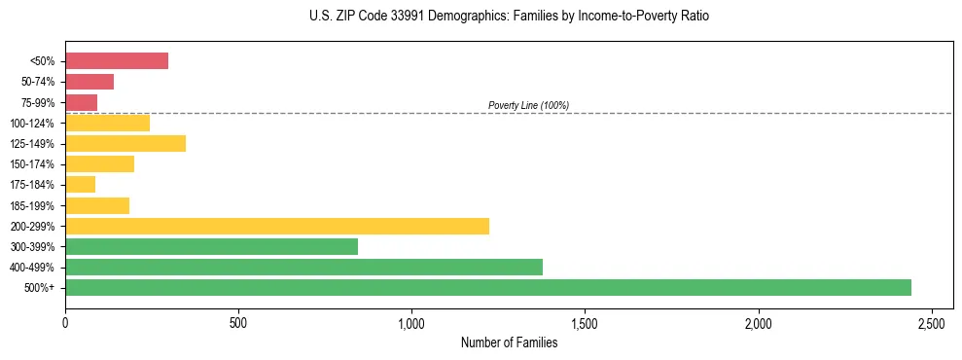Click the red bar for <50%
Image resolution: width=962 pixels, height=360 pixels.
pyautogui.click(x=117, y=61)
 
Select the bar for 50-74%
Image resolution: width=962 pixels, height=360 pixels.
pyautogui.click(x=89, y=82)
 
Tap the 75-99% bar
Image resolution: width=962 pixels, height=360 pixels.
pyautogui.click(x=81, y=102)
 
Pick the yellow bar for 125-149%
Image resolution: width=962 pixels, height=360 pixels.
pyautogui.click(x=125, y=144)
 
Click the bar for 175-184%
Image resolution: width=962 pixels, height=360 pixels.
pyautogui.click(x=80, y=185)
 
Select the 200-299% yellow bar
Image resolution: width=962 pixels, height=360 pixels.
pyautogui.click(x=277, y=226)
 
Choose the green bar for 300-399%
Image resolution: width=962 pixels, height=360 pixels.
pyautogui.click(x=211, y=246)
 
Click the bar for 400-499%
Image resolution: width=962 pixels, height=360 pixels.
pyautogui.click(x=303, y=267)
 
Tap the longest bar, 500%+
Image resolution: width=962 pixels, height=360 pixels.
pyautogui.click(x=488, y=287)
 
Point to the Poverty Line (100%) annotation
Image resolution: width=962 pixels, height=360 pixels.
pyautogui.click(x=528, y=105)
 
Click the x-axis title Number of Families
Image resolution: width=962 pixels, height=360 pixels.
pyautogui.click(x=509, y=342)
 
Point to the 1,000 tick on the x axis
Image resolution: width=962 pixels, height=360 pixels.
pyautogui.click(x=411, y=322)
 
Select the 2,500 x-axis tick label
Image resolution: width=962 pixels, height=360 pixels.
pyautogui.click(x=931, y=322)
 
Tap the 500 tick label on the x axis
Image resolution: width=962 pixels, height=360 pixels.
pyautogui.click(x=238, y=322)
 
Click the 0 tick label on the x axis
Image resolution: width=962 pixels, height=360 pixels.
pyautogui.click(x=65, y=322)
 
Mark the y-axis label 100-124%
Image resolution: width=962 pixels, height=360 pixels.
pyautogui.click(x=32, y=124)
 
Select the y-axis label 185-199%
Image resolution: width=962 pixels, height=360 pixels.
pyautogui.click(x=32, y=205)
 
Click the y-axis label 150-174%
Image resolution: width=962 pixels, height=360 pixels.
pyautogui.click(x=32, y=164)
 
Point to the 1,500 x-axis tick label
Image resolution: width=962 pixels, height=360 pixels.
pyautogui.click(x=585, y=322)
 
